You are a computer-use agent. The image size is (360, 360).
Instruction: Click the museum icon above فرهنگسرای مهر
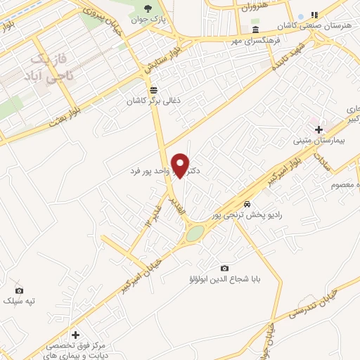255,30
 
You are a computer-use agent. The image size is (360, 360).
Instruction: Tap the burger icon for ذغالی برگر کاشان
154,89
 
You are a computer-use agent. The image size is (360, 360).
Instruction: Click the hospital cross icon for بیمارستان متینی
319,129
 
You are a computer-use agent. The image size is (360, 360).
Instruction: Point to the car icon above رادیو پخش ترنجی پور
246,202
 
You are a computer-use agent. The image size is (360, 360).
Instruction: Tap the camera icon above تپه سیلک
19,290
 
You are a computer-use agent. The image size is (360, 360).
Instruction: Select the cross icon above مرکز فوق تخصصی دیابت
75,334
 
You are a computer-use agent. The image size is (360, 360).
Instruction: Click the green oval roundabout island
195,233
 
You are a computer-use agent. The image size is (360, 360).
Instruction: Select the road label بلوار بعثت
71,114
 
